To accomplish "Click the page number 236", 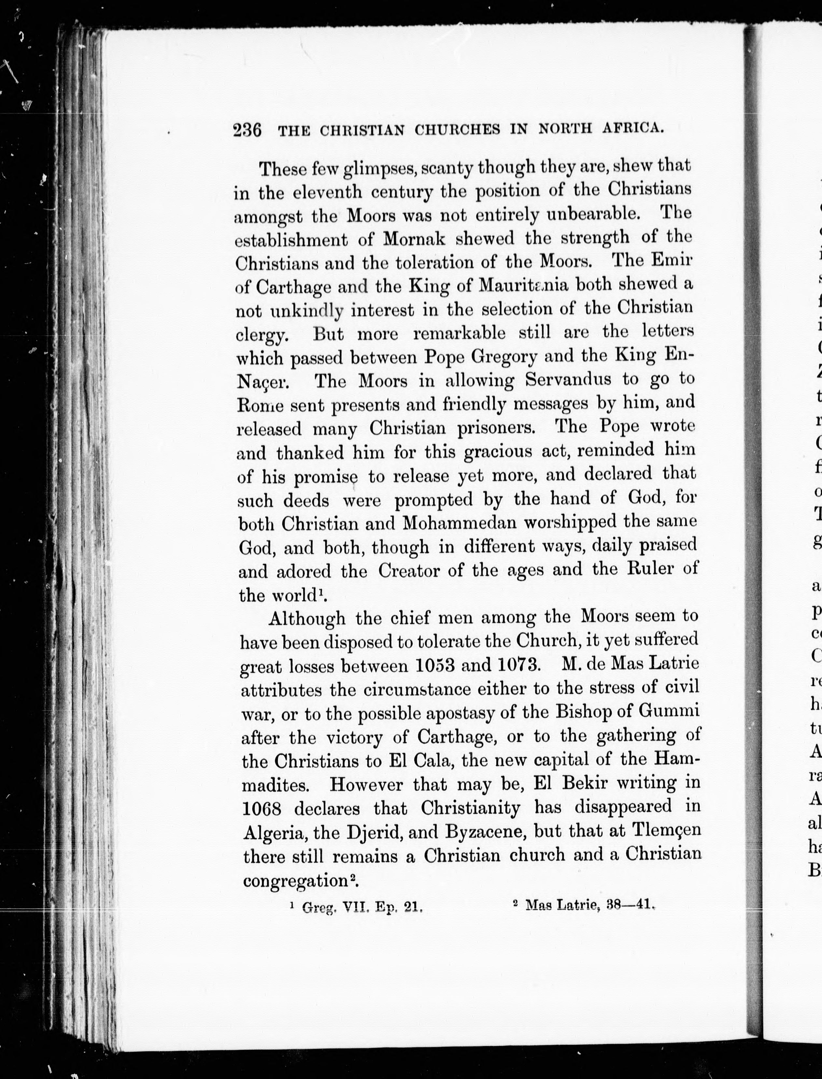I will tap(247, 131).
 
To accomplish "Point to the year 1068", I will tap(262, 808).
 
